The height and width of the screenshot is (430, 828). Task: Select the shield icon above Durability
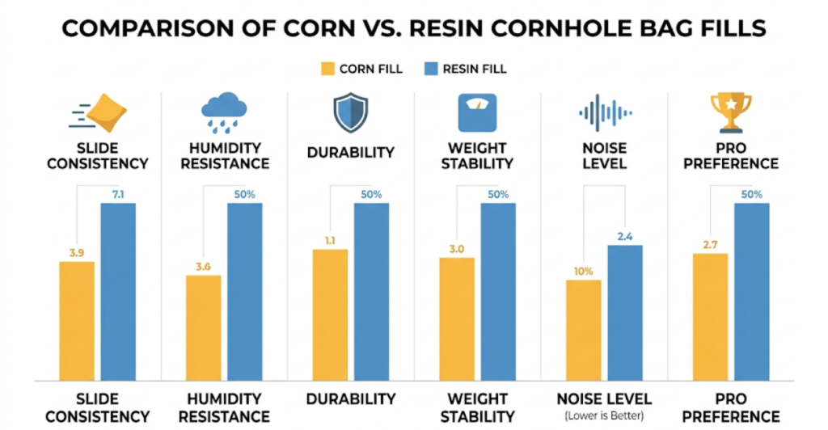click(x=350, y=112)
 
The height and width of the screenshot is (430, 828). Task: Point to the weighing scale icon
click(x=477, y=112)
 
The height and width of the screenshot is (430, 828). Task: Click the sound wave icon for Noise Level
click(x=604, y=112)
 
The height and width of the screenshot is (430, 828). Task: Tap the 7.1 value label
click(x=118, y=194)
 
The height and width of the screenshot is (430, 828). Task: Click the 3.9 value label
click(x=76, y=253)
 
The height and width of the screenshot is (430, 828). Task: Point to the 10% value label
click(x=583, y=271)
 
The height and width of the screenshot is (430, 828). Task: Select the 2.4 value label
click(x=625, y=236)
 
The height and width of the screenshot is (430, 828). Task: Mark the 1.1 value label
click(x=330, y=240)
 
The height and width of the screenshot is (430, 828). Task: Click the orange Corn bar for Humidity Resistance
click(x=203, y=327)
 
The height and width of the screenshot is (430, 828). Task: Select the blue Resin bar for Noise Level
click(x=625, y=312)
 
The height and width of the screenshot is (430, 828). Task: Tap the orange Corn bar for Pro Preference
click(x=710, y=317)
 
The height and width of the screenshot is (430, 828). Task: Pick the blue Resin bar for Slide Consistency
click(x=118, y=291)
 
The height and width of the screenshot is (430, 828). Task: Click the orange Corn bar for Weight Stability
click(x=457, y=318)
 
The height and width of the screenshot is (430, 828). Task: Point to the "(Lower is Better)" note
click(x=604, y=415)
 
